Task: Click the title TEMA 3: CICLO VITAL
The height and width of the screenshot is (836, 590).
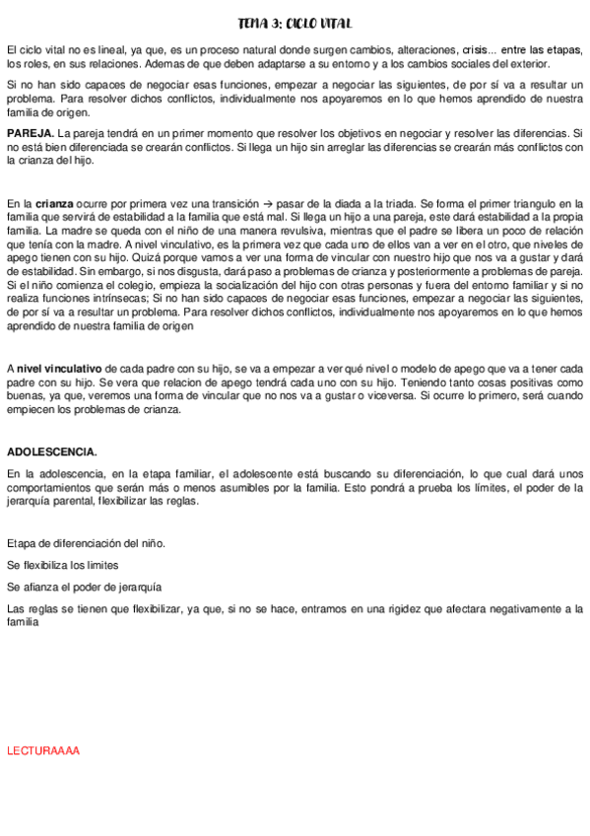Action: (295, 23)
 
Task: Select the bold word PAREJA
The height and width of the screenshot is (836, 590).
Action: (30, 132)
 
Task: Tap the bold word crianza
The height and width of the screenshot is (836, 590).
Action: (59, 200)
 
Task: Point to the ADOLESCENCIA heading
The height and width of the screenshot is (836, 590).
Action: (51, 452)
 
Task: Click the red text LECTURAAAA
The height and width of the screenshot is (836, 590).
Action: (43, 751)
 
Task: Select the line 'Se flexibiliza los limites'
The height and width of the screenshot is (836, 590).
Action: (63, 565)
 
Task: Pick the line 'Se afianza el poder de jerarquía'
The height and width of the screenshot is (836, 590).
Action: (84, 587)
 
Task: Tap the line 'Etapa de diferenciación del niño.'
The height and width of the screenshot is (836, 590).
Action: (86, 543)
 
